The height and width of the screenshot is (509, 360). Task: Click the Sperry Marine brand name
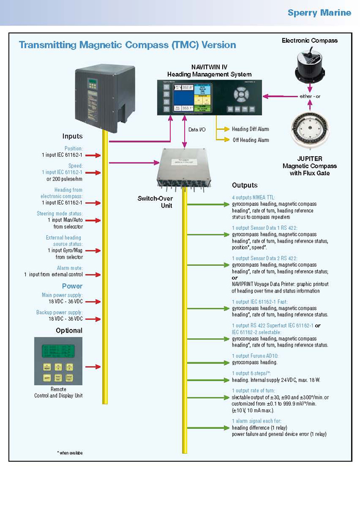point(319,13)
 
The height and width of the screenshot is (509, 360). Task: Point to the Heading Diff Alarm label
point(250,129)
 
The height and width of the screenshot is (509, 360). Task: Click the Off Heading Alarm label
point(250,140)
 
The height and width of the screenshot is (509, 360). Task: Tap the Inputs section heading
point(73,136)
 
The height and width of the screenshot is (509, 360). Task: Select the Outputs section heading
point(245,185)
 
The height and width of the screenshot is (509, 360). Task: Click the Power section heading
point(72,286)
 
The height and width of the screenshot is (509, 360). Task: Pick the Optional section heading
point(69,330)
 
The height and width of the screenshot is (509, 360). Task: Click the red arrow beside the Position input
point(95,155)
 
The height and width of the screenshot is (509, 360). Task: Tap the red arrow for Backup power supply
point(95,319)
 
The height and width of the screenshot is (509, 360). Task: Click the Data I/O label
point(196,130)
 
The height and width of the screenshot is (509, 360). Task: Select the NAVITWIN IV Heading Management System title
point(202,70)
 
